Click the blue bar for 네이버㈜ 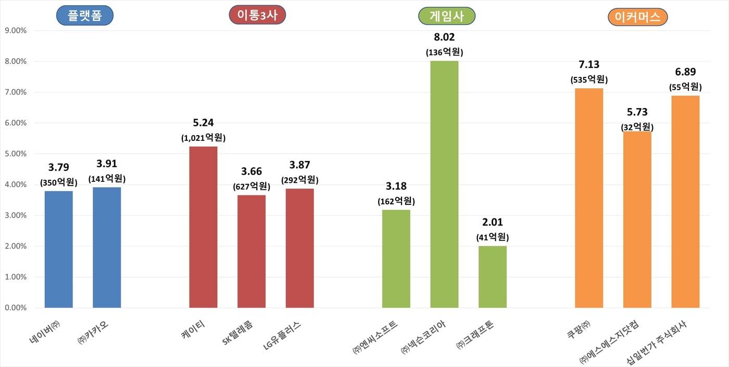(x=59, y=250)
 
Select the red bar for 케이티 (x=203, y=227)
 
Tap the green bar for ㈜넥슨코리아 (x=444, y=185)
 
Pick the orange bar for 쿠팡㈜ (x=589, y=198)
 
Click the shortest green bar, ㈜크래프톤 (x=493, y=277)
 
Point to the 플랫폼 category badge (x=84, y=16)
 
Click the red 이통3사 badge (x=257, y=15)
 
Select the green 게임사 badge (x=447, y=16)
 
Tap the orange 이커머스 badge (x=637, y=17)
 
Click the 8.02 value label (x=444, y=37)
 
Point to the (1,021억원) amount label (x=203, y=138)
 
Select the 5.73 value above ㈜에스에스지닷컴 (x=637, y=112)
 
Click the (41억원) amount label (x=493, y=237)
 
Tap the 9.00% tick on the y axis (x=15, y=31)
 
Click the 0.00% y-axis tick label (x=15, y=308)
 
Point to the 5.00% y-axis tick (x=15, y=154)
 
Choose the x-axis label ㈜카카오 (x=93, y=333)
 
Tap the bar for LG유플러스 (x=299, y=248)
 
